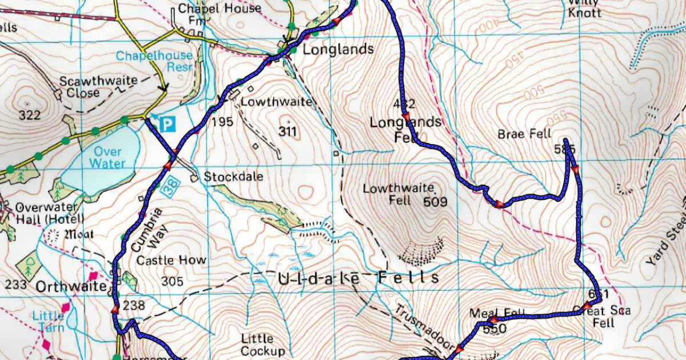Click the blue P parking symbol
pyautogui.click(x=166, y=125)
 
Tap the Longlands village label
pyautogui.click(x=338, y=49)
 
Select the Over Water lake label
pyautogui.click(x=107, y=158)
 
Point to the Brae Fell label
pyautogui.click(x=524, y=134)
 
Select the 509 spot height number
pyautogui.click(x=435, y=201)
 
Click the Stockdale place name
pyautogui.click(x=233, y=177)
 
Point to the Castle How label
pyautogui.click(x=171, y=261)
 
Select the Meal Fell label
pyautogui.click(x=489, y=313)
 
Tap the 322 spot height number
pyautogui.click(x=29, y=115)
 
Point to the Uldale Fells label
pyautogui.click(x=358, y=278)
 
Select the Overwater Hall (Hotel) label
pyautogui.click(x=50, y=213)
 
